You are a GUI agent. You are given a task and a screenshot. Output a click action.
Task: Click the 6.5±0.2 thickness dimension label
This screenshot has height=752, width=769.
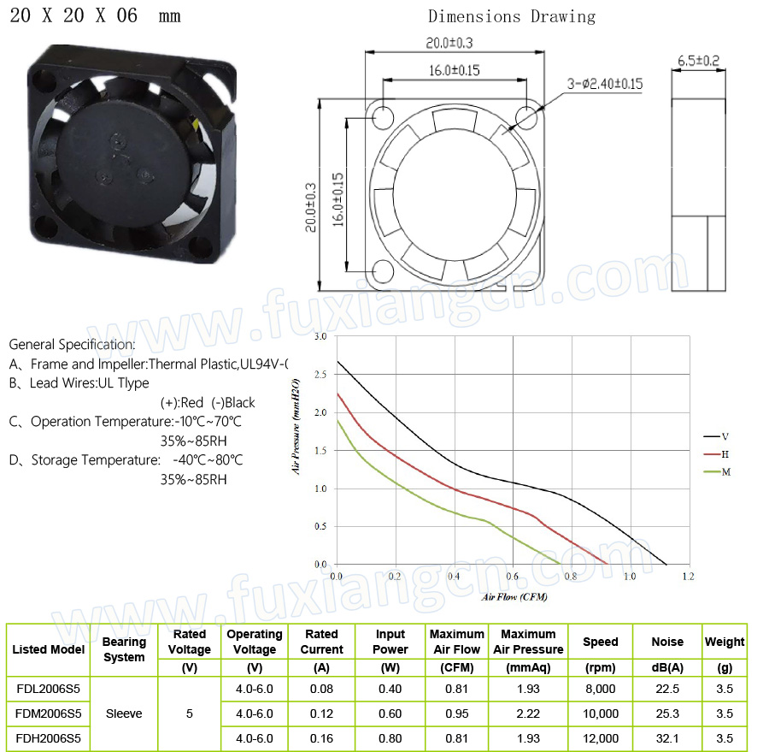[698, 61]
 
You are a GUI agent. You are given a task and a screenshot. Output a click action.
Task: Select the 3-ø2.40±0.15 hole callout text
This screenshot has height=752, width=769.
[605, 84]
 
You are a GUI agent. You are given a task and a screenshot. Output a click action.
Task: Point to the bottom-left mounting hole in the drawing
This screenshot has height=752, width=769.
[383, 270]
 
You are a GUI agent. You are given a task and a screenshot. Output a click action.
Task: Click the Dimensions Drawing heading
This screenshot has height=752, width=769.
[512, 17]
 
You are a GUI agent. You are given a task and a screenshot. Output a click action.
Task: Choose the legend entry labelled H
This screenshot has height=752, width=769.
[717, 454]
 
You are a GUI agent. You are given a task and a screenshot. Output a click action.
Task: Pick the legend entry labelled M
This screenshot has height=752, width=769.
[717, 472]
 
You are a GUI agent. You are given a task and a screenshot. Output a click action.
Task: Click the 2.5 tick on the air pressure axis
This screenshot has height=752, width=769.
[320, 375]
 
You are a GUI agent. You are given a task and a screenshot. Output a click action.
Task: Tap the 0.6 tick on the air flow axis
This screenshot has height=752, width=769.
[513, 576]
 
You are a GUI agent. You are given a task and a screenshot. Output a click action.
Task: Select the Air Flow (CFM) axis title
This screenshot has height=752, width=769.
[514, 597]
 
